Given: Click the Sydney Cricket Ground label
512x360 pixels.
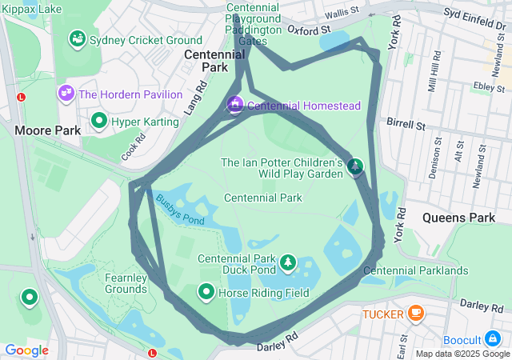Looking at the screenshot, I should tap(146, 40).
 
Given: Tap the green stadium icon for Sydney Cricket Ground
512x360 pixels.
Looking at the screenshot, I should tap(78, 38).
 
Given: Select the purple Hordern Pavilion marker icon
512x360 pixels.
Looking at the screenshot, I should tap(65, 94).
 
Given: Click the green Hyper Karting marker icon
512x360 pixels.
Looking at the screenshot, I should tap(100, 121).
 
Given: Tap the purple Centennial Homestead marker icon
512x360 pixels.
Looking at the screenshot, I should tap(235, 105).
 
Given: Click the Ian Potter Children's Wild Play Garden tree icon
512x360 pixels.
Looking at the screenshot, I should tap(355, 167).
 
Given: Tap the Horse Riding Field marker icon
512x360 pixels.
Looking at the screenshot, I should tap(206, 293).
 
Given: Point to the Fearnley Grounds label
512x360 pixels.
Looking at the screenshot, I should tap(126, 282).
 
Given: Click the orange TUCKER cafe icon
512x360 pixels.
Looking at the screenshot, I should tap(414, 314).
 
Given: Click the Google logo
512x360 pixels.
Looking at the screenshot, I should tap(26, 350).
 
